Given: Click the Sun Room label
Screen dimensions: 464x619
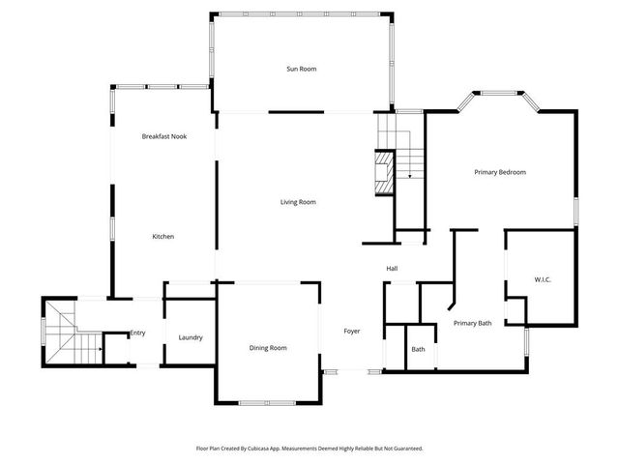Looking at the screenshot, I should tap(301, 69).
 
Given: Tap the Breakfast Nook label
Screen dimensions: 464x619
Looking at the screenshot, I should tap(163, 136).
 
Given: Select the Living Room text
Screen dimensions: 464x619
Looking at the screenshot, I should tap(298, 202).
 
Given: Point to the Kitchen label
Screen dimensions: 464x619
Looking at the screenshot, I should tap(162, 237).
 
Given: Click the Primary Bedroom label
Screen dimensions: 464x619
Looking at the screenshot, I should tap(499, 172).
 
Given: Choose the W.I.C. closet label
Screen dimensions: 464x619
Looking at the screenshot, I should tap(543, 280).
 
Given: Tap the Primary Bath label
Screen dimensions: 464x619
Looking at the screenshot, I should tap(473, 323).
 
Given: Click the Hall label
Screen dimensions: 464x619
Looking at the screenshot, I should tap(393, 268).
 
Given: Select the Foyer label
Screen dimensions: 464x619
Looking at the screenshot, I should tap(352, 332).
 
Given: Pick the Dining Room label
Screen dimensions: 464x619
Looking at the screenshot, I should tap(268, 348).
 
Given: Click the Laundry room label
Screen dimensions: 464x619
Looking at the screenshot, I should tap(191, 337).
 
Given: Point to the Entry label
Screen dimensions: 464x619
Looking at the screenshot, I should tap(137, 333).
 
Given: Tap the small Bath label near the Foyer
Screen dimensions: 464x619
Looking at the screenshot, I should tap(418, 350).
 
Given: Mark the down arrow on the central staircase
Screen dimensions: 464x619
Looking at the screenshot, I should tap(411, 174).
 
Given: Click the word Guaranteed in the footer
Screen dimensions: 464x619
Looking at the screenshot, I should tap(405, 449).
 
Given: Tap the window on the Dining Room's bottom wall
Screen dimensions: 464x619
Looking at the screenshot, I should tap(268, 402).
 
